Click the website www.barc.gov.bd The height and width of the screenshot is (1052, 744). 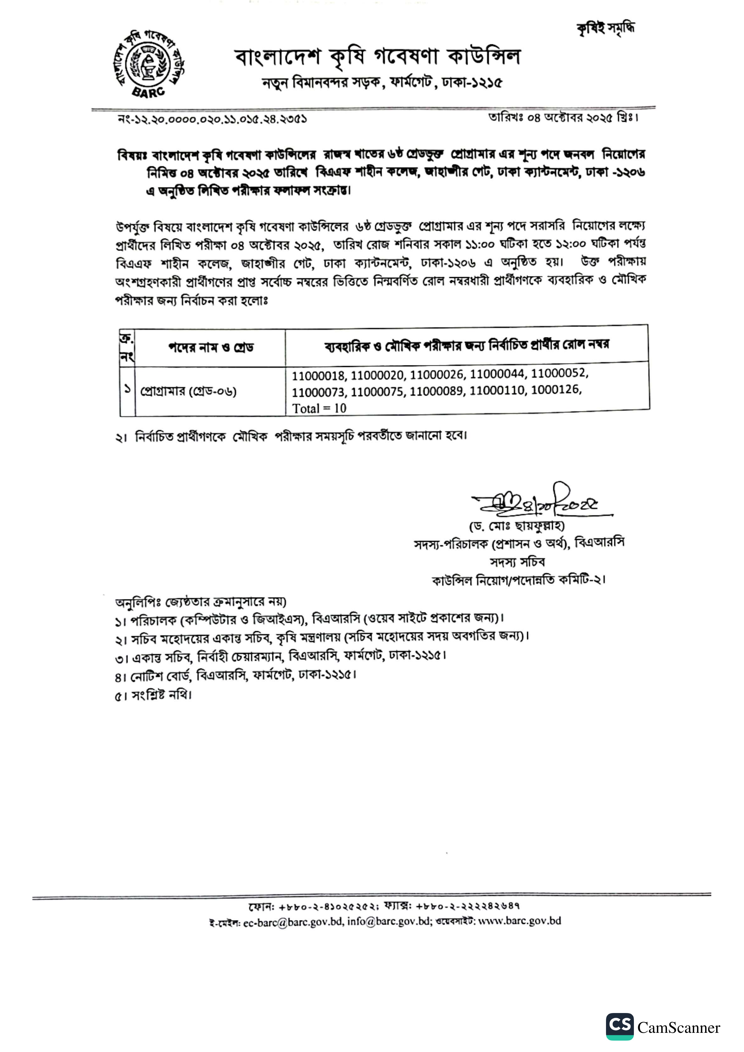519,920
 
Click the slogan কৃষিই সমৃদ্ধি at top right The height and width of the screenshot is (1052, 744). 606,28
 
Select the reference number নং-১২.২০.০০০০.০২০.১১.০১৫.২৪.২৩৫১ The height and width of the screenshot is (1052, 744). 212,119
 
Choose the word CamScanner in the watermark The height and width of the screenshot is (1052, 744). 678,1028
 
